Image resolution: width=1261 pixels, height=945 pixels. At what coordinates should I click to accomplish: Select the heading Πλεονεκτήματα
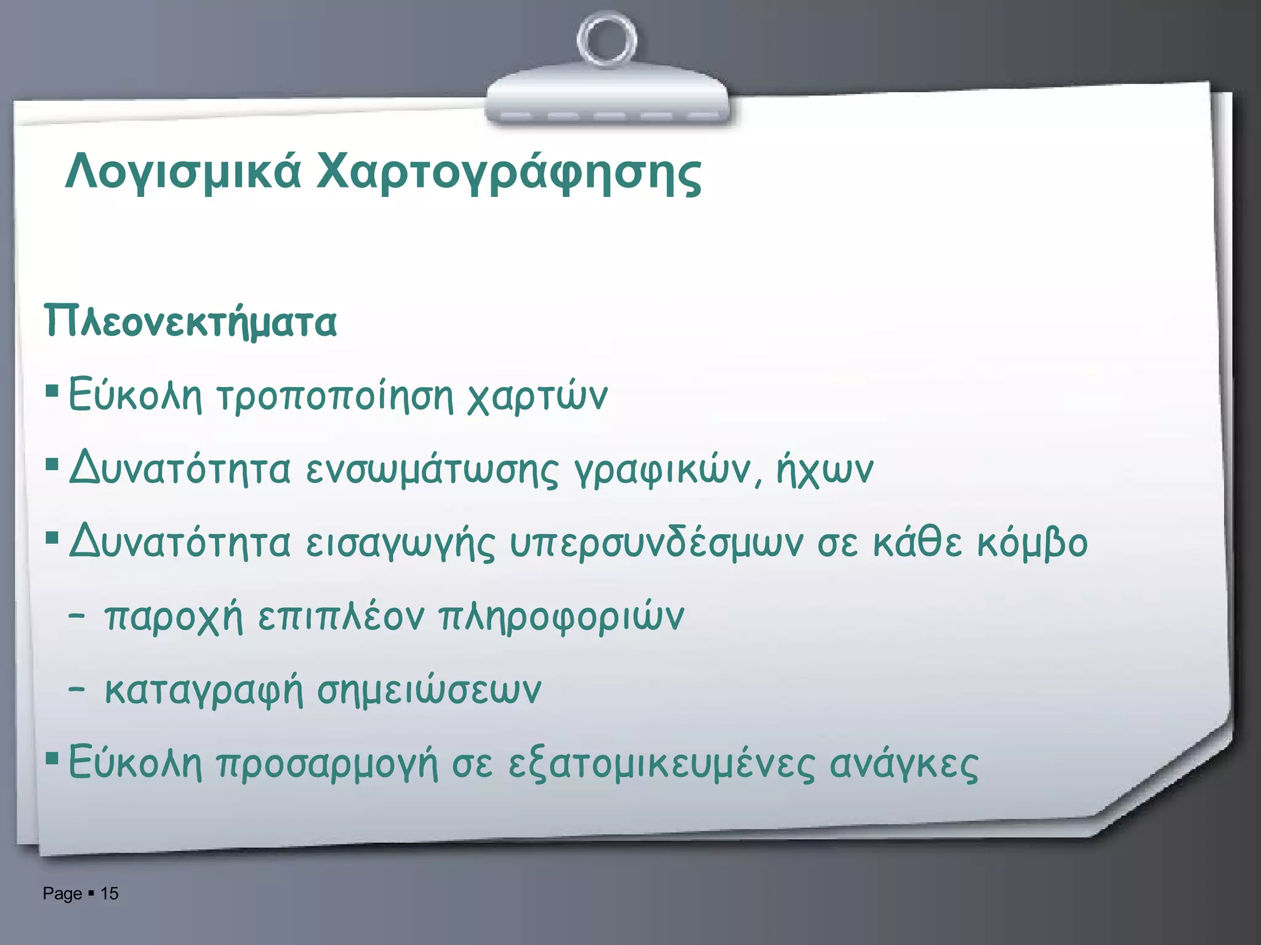point(190,321)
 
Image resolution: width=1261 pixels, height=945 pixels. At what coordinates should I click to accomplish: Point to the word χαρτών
point(537,395)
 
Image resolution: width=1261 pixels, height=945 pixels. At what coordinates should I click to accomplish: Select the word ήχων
point(825,470)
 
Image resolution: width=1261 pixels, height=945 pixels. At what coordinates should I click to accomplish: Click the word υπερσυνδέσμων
point(656,543)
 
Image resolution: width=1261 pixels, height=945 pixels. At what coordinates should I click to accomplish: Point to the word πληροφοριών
point(561,616)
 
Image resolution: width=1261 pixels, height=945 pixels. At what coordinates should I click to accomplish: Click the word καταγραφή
point(204,690)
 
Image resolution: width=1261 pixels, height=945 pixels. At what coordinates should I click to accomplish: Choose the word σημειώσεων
point(429,690)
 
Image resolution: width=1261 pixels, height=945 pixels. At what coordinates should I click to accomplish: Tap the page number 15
point(110,893)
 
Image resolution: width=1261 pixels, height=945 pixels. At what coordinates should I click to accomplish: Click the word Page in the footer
point(62,894)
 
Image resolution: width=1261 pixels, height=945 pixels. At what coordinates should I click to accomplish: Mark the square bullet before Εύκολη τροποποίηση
point(52,391)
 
